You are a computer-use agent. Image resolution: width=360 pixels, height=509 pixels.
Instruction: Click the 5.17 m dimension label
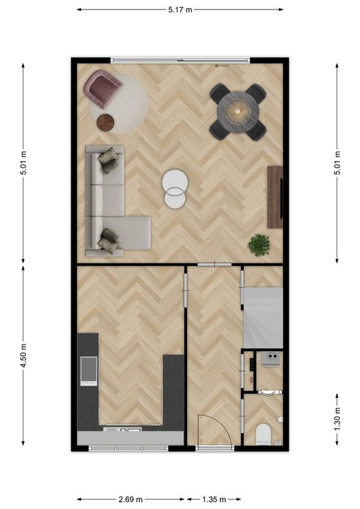(180, 10)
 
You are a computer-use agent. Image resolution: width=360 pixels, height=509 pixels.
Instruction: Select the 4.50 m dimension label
(24, 356)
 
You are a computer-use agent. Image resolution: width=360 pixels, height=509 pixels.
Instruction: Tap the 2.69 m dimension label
(130, 499)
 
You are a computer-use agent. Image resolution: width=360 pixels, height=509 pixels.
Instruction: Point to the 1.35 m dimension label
(214, 499)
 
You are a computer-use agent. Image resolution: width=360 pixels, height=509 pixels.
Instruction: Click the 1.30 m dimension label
(337, 419)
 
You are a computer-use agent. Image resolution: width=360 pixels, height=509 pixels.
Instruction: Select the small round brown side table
(105, 123)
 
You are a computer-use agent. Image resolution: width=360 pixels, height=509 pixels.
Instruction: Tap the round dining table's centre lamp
(238, 112)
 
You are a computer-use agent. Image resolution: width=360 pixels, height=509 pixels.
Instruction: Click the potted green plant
(259, 245)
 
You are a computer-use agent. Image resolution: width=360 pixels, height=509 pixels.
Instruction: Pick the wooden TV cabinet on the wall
(275, 197)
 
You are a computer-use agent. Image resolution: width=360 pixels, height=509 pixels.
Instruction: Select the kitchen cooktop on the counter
(88, 372)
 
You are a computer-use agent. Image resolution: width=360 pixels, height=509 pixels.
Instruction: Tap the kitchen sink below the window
(122, 429)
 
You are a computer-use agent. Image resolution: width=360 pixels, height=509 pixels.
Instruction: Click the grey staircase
(263, 317)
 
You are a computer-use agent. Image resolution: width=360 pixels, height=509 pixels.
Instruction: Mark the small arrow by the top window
(222, 66)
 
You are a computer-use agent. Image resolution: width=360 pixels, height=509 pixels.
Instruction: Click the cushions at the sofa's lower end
(109, 241)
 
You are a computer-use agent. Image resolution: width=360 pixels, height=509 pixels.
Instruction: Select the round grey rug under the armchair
(119, 104)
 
